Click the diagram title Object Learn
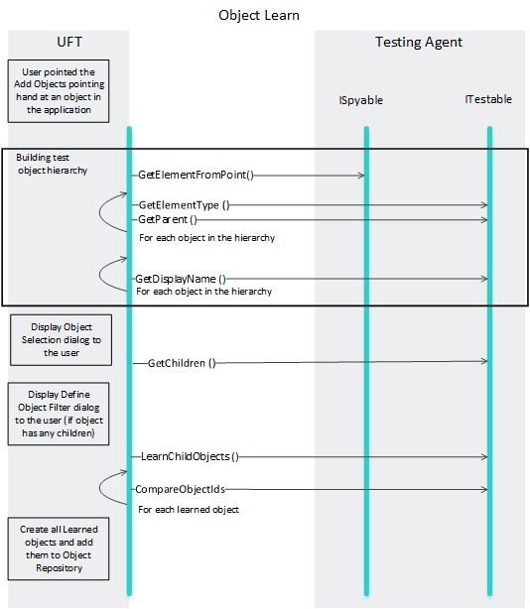(259, 16)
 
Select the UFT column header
(69, 42)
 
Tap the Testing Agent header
(419, 43)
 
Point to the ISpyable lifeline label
(360, 100)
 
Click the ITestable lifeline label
(488, 99)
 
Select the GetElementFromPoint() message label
(196, 176)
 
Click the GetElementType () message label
(185, 205)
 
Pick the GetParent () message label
(168, 220)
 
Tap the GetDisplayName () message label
(181, 279)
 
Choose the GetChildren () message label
(182, 363)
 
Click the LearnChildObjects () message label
(190, 456)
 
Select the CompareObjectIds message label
(180, 489)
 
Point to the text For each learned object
(189, 510)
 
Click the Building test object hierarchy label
(52, 164)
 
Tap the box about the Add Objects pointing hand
(59, 91)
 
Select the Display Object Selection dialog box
(61, 340)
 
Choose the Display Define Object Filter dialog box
(59, 414)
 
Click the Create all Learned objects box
(59, 548)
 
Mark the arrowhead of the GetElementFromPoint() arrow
(361, 176)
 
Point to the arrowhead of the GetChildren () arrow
(485, 361)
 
